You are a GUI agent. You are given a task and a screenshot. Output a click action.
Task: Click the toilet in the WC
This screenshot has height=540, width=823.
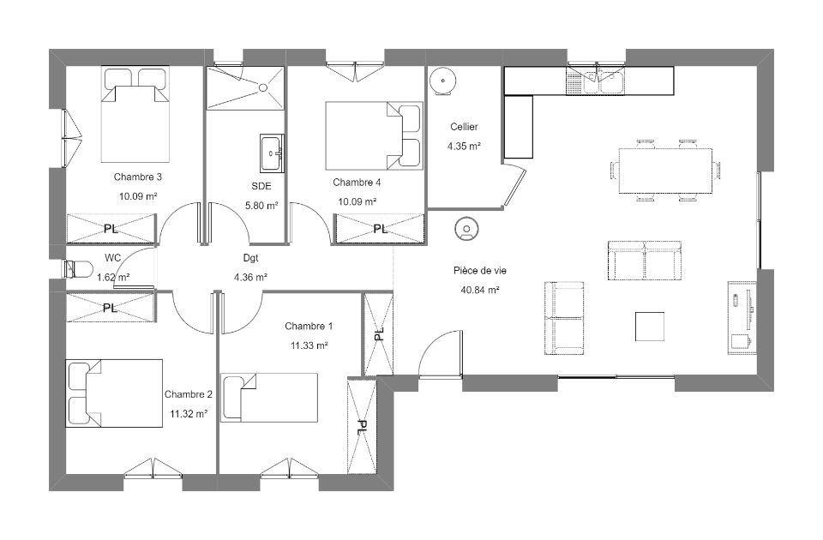[x=77, y=269]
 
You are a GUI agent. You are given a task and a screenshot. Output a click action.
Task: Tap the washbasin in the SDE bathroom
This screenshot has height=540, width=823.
[x=272, y=153]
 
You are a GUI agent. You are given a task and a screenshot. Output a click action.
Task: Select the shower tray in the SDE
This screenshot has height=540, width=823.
[x=245, y=87]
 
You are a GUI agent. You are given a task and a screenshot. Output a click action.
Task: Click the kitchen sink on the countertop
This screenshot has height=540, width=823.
[x=595, y=81]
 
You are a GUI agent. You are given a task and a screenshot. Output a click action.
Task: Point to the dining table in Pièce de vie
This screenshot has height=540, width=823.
[x=665, y=171]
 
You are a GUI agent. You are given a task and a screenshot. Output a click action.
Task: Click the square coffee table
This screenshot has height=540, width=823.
[x=650, y=326]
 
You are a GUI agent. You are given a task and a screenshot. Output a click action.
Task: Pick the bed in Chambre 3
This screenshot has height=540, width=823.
[x=135, y=114]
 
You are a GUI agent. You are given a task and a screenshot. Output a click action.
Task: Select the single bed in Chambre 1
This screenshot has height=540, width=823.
[x=268, y=397]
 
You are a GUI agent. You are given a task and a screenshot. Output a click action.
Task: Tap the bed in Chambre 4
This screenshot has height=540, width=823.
[x=374, y=136]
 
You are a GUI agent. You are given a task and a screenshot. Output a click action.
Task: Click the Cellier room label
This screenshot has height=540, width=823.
[x=464, y=127]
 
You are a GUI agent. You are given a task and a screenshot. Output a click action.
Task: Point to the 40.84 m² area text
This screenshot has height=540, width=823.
[x=480, y=290]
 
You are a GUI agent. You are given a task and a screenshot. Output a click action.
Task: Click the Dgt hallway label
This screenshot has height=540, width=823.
[x=251, y=258]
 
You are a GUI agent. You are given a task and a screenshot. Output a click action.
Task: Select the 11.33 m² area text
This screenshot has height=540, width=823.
[x=309, y=345]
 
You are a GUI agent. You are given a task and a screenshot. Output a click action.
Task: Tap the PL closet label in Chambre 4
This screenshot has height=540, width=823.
[x=380, y=229]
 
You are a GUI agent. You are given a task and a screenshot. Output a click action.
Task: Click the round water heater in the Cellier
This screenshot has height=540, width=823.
[x=443, y=81]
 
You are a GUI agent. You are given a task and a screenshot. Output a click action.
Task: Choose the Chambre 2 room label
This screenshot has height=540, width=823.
[x=189, y=394]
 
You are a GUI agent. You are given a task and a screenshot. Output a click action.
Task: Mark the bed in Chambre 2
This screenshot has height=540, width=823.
[x=114, y=393]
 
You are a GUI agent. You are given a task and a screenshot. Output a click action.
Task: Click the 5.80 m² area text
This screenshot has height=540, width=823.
[x=261, y=206]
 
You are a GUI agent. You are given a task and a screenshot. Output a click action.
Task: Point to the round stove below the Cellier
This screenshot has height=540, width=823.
[x=466, y=229]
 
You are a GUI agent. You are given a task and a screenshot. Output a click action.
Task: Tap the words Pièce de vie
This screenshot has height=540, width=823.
[x=480, y=270]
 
